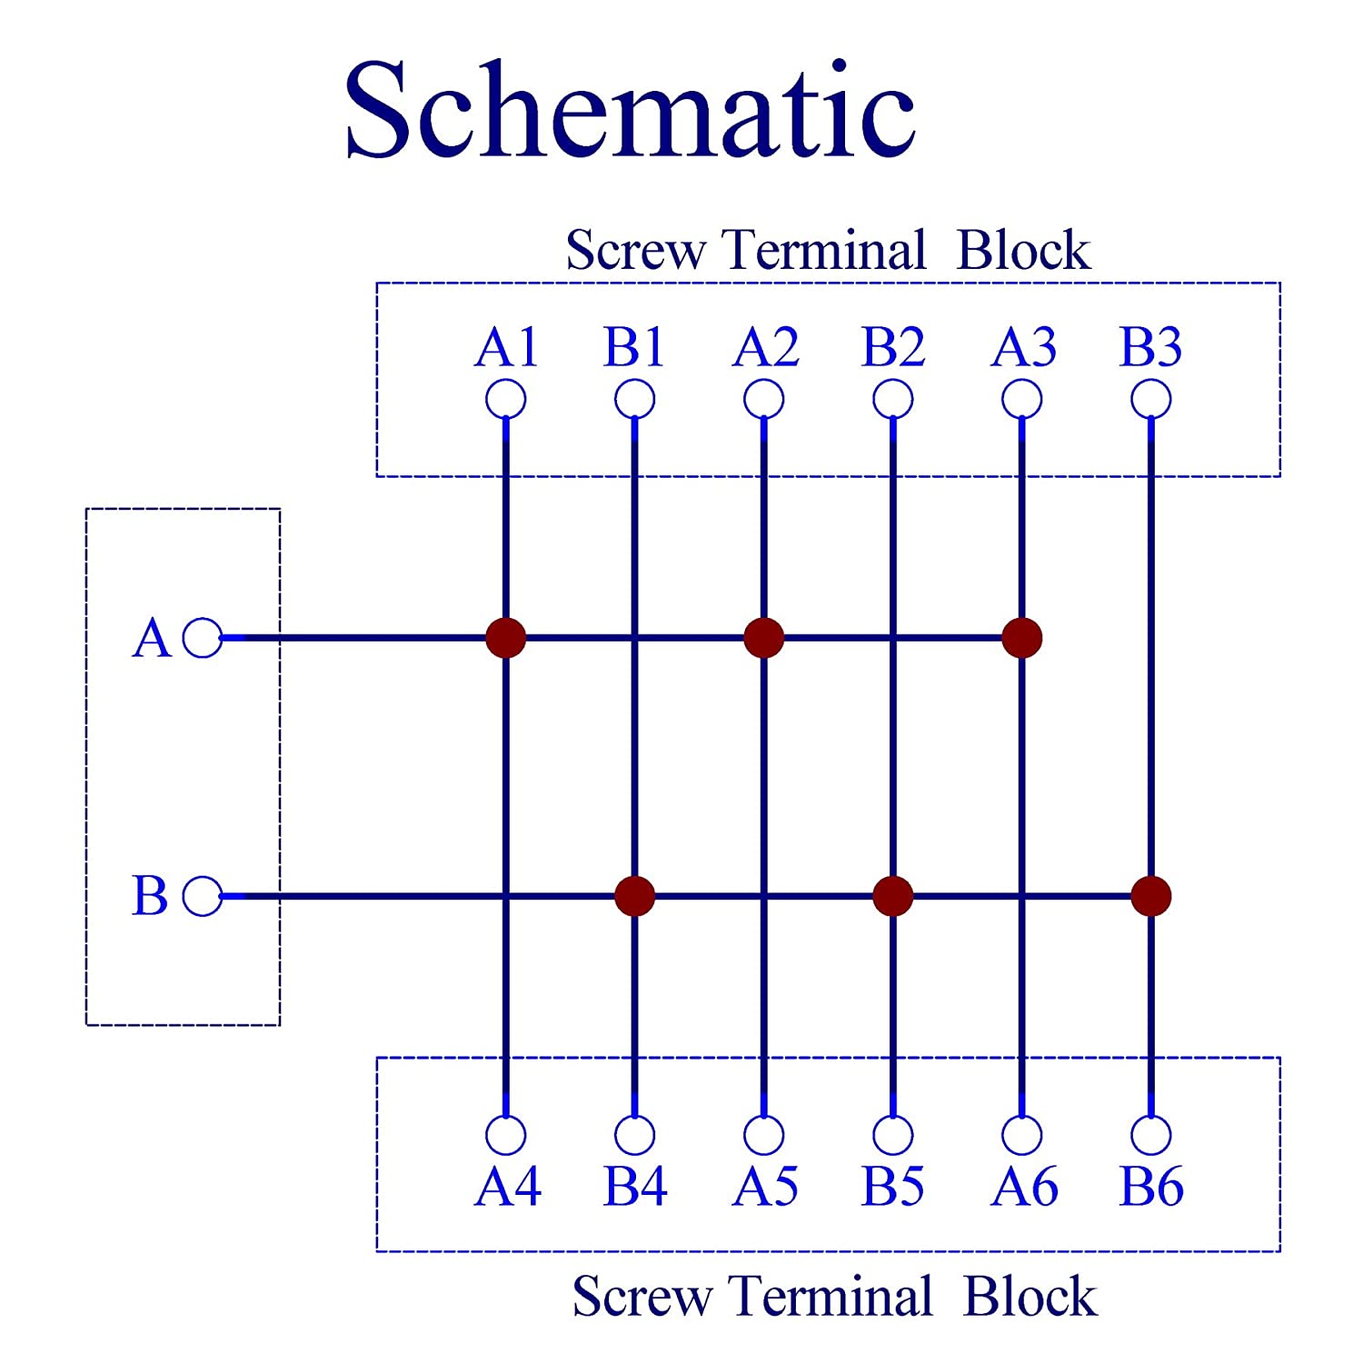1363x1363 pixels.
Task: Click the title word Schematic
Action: (630, 111)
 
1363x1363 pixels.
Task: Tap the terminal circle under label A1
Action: (506, 399)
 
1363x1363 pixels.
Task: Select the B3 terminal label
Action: (1150, 347)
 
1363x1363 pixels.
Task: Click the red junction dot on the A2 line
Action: (764, 638)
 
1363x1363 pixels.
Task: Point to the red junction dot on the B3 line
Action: (1151, 896)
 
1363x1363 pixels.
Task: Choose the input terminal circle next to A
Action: (202, 638)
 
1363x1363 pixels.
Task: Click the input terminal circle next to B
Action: (202, 896)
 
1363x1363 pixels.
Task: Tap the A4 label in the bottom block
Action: (507, 1187)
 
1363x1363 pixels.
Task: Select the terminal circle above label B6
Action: (1151, 1135)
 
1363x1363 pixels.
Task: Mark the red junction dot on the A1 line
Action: (506, 638)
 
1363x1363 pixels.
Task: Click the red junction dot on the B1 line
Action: (635, 896)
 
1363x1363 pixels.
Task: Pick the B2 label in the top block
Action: (893, 347)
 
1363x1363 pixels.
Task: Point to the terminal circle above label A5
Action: (764, 1135)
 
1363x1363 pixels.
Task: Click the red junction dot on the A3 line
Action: (1022, 638)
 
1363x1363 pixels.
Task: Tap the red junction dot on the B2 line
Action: (893, 896)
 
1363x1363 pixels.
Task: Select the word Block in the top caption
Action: (1023, 251)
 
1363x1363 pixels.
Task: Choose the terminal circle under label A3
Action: (1022, 399)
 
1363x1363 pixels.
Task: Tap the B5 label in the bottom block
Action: (893, 1187)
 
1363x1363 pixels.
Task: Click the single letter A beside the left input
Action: (151, 638)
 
